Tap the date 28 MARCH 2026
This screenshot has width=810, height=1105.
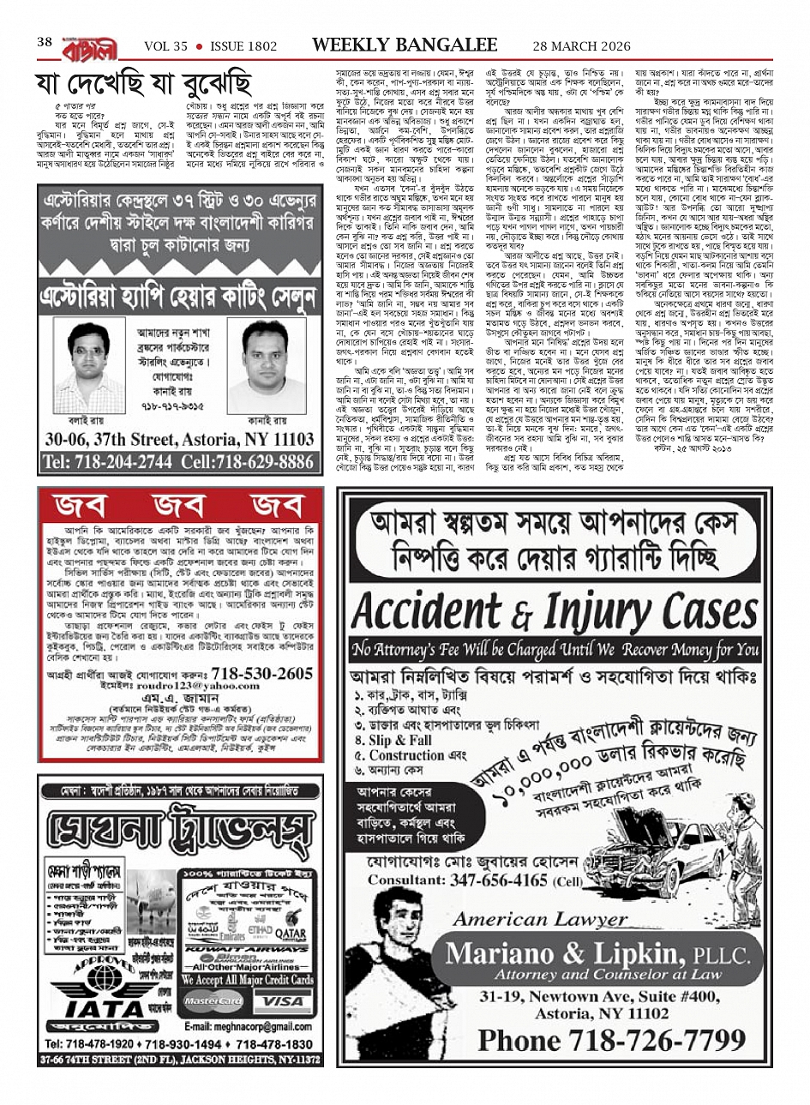pos(579,45)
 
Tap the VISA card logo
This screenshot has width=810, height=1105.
pos(282,1000)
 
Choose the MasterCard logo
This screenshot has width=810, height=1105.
pos(213,1000)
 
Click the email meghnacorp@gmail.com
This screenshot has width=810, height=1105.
pos(243,1025)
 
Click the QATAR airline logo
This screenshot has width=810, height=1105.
pos(290,934)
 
